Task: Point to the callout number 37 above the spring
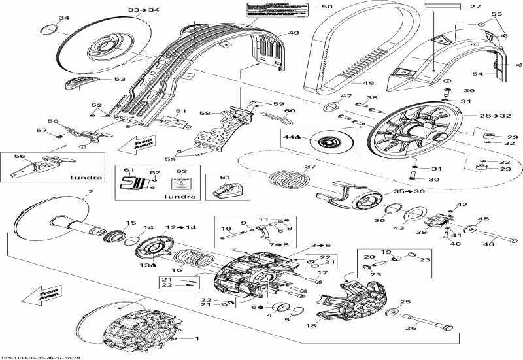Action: tap(310, 167)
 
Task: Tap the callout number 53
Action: tap(120, 80)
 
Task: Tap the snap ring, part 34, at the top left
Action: tap(51, 27)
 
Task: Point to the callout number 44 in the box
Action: tap(288, 137)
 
